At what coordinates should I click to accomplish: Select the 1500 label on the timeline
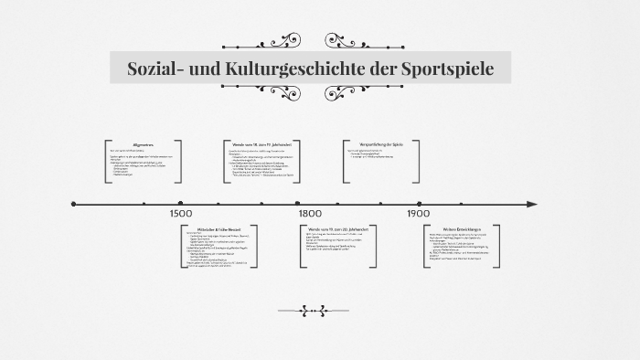click(181, 213)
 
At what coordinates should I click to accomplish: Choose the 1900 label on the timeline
click(419, 213)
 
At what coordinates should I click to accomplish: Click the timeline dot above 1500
click(181, 204)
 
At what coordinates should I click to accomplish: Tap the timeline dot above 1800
click(298, 204)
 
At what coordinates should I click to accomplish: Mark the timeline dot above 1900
click(419, 204)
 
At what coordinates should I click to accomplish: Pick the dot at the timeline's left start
click(74, 204)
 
